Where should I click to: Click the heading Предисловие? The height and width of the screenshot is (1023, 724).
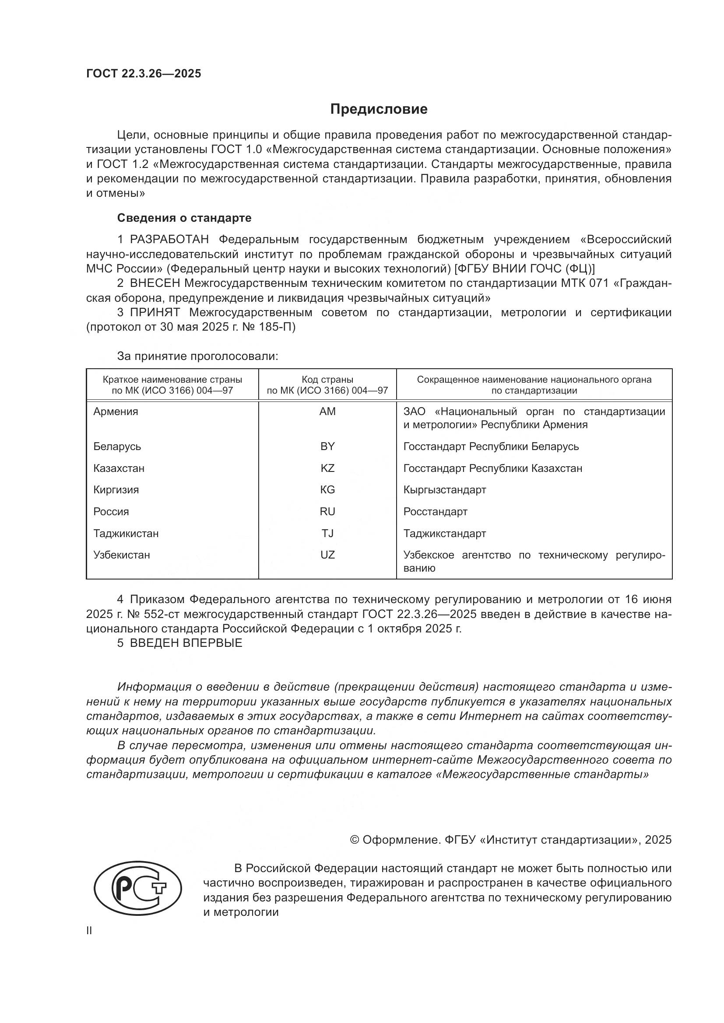(x=379, y=109)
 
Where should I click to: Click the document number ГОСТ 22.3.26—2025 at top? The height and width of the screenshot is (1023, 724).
(x=144, y=73)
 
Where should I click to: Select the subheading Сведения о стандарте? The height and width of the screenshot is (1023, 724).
(x=184, y=218)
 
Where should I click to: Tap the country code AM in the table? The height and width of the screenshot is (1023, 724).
(x=327, y=412)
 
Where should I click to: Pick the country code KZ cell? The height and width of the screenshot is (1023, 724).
(x=327, y=468)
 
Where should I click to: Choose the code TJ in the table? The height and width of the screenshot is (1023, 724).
(x=327, y=533)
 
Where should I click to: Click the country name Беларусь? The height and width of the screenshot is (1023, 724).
(x=117, y=447)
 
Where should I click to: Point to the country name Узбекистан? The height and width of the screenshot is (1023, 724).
(x=121, y=555)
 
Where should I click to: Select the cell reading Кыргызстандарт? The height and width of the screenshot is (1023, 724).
(x=444, y=490)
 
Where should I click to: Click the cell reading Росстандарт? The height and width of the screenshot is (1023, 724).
(x=435, y=512)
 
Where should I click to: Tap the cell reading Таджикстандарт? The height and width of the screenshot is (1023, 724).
(x=444, y=533)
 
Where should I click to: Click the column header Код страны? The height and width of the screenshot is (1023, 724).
(x=327, y=380)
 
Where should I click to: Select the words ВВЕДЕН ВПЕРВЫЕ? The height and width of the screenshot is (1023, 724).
(x=186, y=643)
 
